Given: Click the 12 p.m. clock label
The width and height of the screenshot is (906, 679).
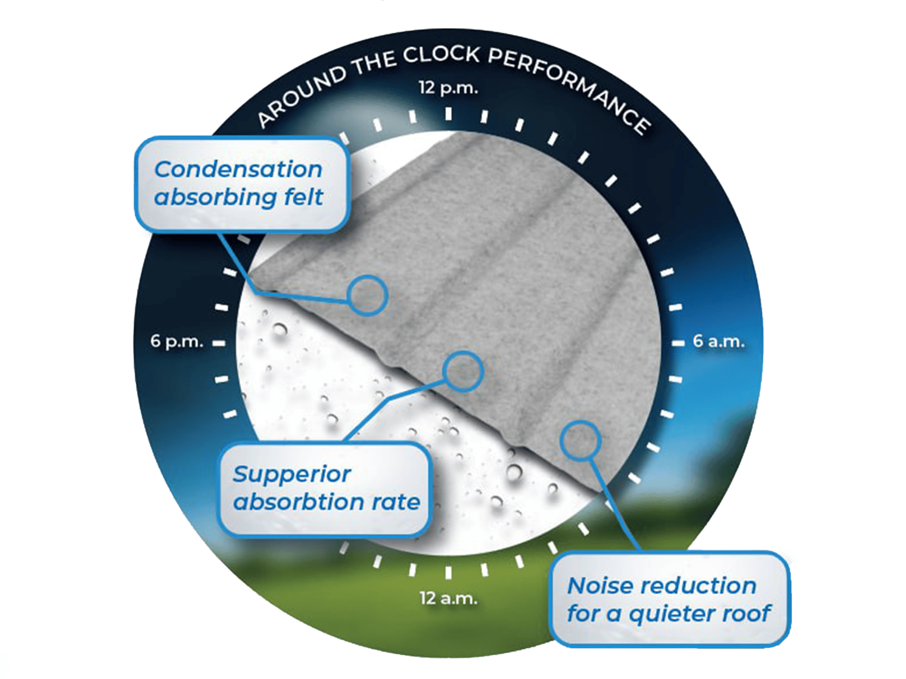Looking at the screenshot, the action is point(448,87).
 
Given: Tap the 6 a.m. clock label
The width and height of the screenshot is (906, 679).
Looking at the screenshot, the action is point(718,341).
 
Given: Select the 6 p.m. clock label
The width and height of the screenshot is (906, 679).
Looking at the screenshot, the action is point(177,341).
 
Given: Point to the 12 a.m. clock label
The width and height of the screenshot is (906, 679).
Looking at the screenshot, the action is point(448,598).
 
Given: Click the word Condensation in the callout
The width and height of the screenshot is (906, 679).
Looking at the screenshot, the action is point(238,170).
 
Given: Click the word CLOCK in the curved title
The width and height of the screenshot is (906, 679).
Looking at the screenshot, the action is point(441,55).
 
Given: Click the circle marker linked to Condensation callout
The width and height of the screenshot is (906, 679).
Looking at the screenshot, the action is point(367,295).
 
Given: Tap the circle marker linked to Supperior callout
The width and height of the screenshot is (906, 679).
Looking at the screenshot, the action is point(463,371).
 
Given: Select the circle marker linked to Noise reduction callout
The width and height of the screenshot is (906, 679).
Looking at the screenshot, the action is point(580,441).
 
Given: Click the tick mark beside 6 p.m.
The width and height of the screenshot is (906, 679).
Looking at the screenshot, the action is point(219,343).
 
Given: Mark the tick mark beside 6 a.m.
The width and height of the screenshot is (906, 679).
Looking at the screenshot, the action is point(678,343).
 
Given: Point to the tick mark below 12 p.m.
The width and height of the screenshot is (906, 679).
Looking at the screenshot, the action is point(448,114).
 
